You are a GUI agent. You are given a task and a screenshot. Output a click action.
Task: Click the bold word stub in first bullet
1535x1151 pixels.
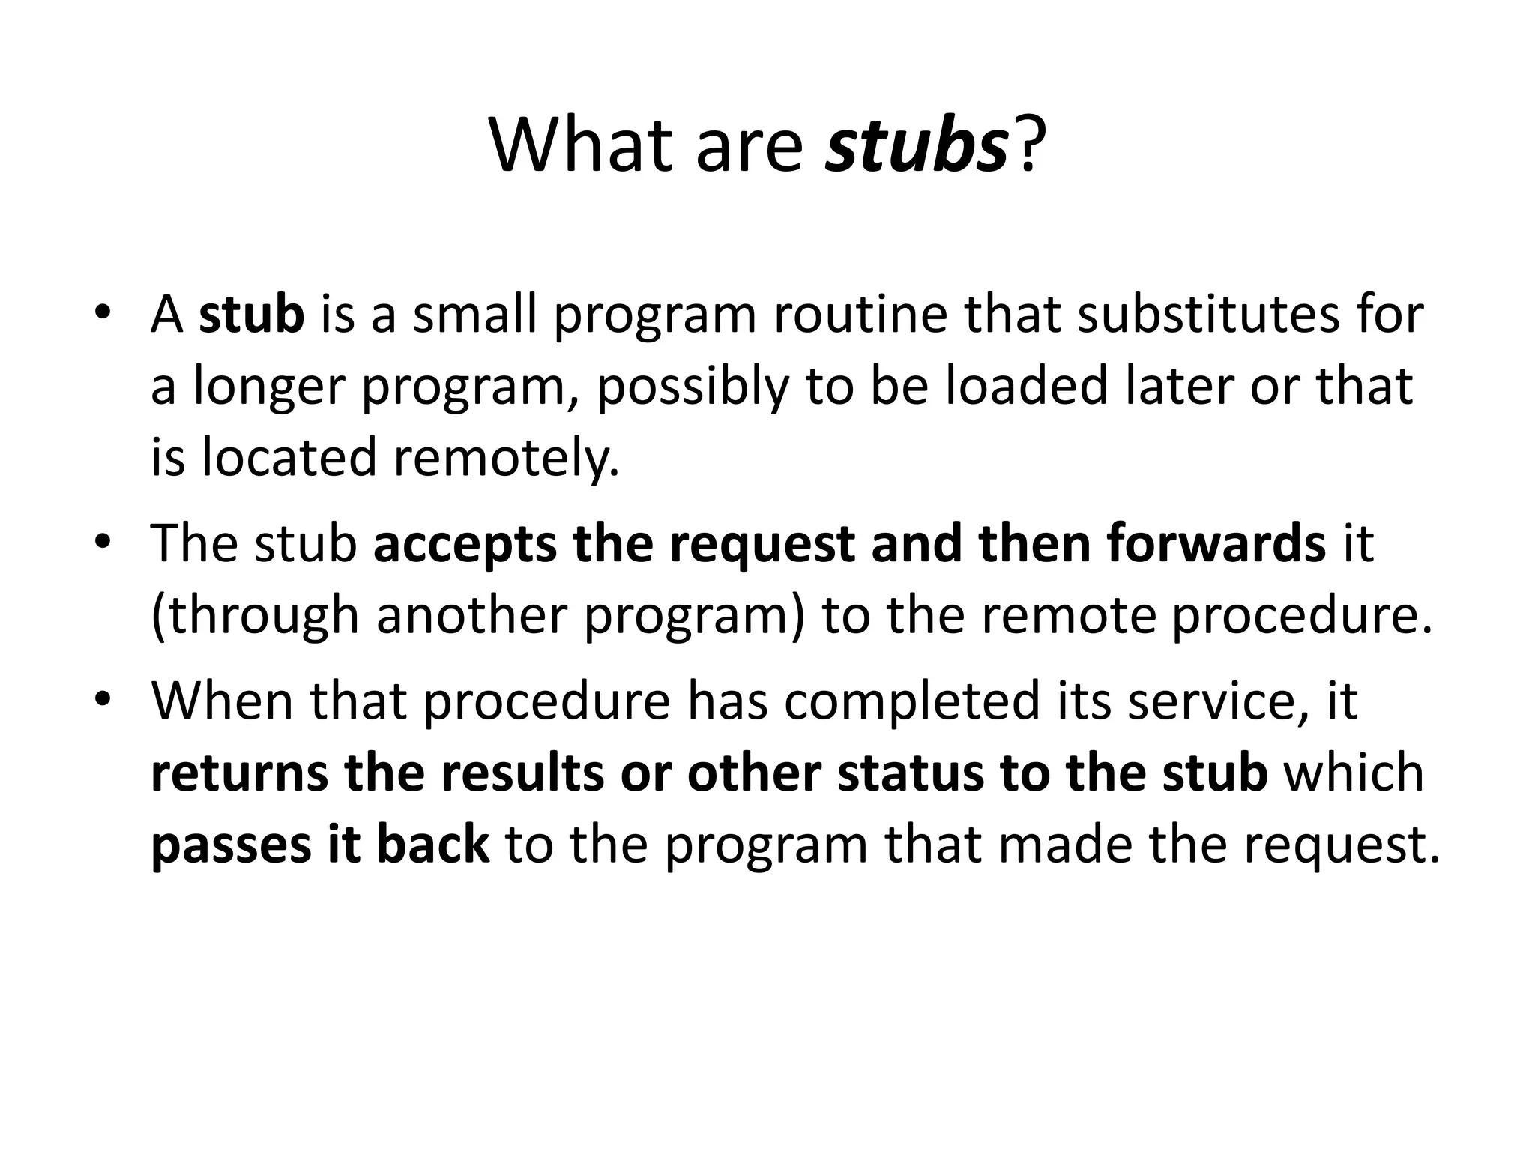tap(251, 314)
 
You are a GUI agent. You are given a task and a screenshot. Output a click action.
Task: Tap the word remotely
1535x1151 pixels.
tap(507, 457)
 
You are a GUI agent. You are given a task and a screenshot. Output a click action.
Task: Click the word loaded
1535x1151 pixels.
tap(1026, 386)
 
